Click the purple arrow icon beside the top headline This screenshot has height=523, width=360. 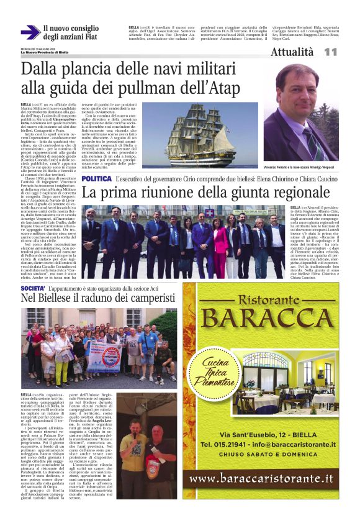30,33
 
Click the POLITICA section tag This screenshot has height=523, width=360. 97,178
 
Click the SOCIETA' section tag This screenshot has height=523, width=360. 32,288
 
